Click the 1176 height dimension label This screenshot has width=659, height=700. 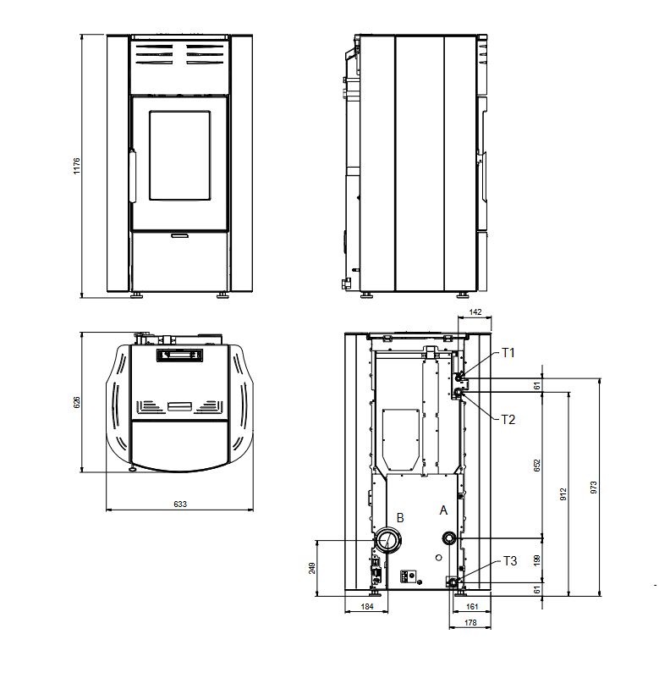pos(77,166)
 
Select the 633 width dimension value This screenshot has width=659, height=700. pos(180,504)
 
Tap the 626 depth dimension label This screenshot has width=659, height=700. pos(77,402)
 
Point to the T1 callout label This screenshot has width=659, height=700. pos(508,353)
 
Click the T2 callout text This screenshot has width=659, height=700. pos(508,420)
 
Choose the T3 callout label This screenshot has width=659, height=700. pos(510,560)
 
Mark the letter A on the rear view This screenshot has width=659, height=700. pos(443,510)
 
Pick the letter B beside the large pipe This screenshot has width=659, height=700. pos(400,518)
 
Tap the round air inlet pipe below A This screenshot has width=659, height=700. pos(449,539)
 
